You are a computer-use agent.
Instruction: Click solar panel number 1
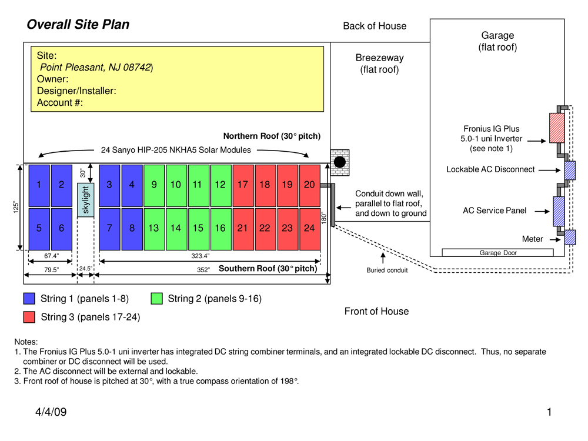[39, 185]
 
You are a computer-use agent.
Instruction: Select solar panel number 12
[220, 185]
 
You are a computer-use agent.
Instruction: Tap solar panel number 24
[309, 228]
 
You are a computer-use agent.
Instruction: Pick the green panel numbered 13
[153, 228]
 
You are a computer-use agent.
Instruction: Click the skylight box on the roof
[86, 200]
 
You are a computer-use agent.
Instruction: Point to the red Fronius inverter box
[556, 128]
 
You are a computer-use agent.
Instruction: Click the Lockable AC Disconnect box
[570, 170]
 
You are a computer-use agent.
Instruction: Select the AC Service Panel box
[559, 211]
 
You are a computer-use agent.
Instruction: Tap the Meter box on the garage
[570, 238]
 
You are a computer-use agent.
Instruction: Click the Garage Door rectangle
[497, 253]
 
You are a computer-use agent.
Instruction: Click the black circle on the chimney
[339, 162]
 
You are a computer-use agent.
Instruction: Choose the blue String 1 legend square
[29, 299]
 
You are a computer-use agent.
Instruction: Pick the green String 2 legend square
[157, 299]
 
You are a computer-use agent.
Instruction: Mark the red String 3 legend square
[29, 317]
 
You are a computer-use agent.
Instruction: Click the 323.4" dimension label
[201, 256]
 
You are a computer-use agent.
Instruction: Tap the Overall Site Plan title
[78, 25]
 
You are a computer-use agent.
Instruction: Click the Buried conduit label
[387, 271]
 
